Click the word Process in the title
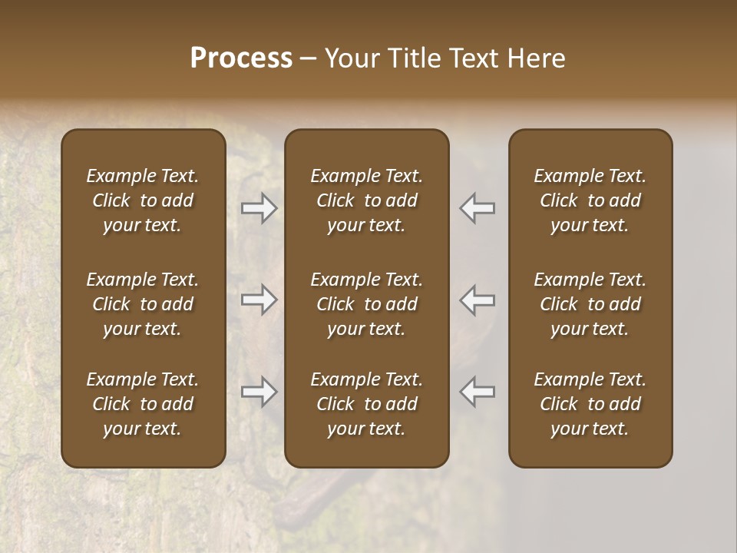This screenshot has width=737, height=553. tap(241, 58)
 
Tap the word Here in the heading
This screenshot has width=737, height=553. tap(537, 58)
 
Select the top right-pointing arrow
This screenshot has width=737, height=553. tap(259, 208)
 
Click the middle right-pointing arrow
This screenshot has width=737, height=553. tap(259, 300)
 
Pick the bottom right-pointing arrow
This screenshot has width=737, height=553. tap(259, 392)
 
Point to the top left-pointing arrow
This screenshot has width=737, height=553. tap(478, 208)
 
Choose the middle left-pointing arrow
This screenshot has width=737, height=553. tap(478, 300)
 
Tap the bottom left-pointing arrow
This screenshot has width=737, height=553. tap(478, 392)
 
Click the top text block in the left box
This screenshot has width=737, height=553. tap(143, 200)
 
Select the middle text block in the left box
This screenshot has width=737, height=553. tap(143, 304)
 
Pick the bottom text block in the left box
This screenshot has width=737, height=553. tap(143, 404)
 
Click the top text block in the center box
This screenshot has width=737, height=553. tap(367, 200)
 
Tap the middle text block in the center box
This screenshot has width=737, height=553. tap(367, 304)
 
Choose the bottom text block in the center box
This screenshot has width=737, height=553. tap(367, 404)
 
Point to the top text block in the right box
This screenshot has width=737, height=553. tap(590, 200)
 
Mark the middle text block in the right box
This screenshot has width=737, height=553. tap(590, 304)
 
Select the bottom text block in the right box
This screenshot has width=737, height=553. tap(590, 404)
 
